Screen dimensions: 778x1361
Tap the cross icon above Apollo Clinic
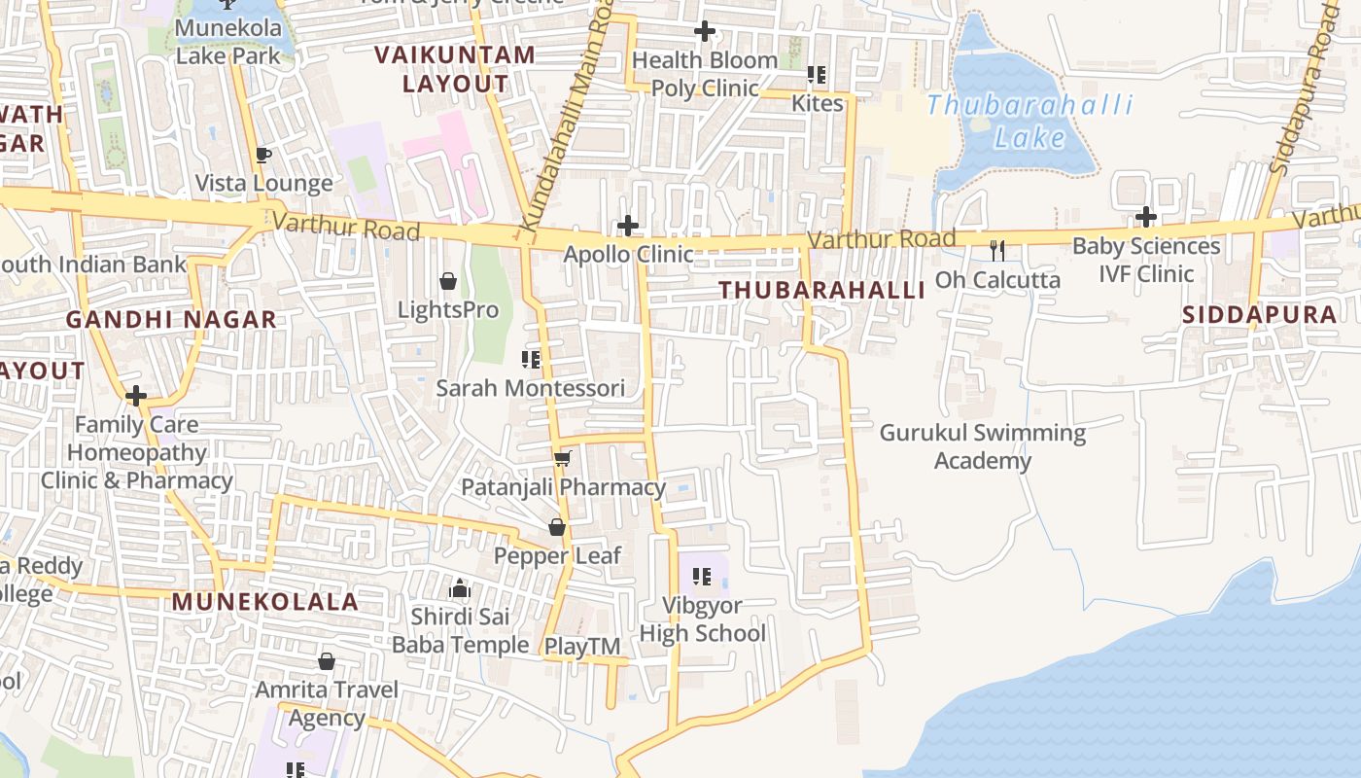[x=628, y=227]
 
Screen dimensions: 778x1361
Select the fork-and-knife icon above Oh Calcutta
[x=996, y=251]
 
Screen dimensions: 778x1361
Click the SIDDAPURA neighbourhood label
[x=1260, y=315]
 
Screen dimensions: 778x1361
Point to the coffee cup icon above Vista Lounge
[x=262, y=155]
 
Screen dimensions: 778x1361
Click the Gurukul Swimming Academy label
[x=982, y=446]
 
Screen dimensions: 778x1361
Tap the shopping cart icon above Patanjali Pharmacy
[x=562, y=458]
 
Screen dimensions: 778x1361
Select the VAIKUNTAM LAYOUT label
[x=455, y=69]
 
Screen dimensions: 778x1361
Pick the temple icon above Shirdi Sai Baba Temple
[x=460, y=588]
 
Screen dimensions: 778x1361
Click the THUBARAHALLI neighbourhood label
[x=822, y=290]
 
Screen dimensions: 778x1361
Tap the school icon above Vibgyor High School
[x=702, y=577]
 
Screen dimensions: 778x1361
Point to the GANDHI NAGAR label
[x=171, y=319]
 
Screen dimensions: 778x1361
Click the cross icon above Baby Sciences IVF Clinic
[x=1146, y=217]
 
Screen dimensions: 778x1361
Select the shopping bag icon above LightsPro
[x=448, y=282]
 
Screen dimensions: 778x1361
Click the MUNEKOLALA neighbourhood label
[x=265, y=602]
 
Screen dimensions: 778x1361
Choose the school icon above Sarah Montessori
[x=531, y=360]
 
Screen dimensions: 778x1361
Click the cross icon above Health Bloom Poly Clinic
[x=705, y=32]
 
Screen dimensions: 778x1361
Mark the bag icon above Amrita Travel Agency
[x=327, y=661]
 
